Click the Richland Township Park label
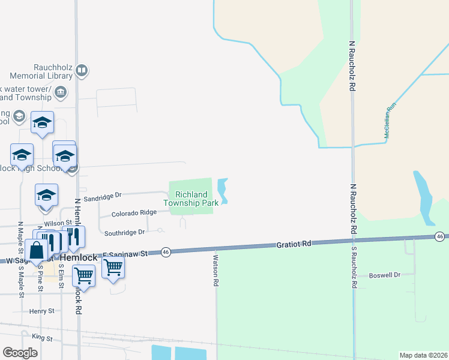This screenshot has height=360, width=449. click(191, 199)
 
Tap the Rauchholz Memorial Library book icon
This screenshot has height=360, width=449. click(82, 71)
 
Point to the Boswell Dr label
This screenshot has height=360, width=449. click(384, 275)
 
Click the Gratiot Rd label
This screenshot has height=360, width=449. click(295, 244)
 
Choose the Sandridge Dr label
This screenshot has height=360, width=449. click(103, 196)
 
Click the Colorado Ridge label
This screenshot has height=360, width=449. click(134, 213)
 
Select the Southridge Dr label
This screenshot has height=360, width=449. click(124, 232)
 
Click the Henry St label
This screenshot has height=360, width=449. click(41, 311)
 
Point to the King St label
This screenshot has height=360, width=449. click(43, 338)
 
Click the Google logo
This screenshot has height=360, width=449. click(20, 353)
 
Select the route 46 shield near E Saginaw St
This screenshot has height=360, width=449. click(166, 252)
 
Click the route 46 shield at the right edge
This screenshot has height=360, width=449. click(440, 237)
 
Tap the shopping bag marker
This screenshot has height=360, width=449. click(36, 250)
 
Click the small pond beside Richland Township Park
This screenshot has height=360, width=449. click(223, 191)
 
